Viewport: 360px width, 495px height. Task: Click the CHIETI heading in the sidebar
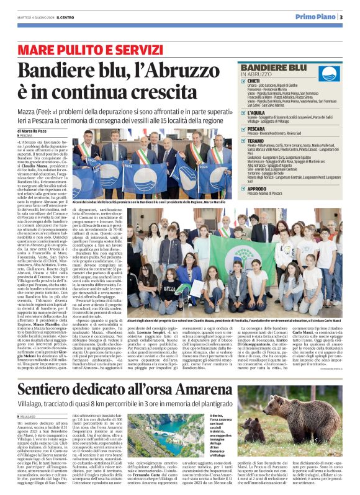pos(254,81)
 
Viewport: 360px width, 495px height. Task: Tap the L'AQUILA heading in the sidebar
pos(256,112)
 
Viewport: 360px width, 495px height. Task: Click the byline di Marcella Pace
pos(38,132)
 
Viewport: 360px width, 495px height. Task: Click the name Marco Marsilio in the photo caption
pos(214,203)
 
